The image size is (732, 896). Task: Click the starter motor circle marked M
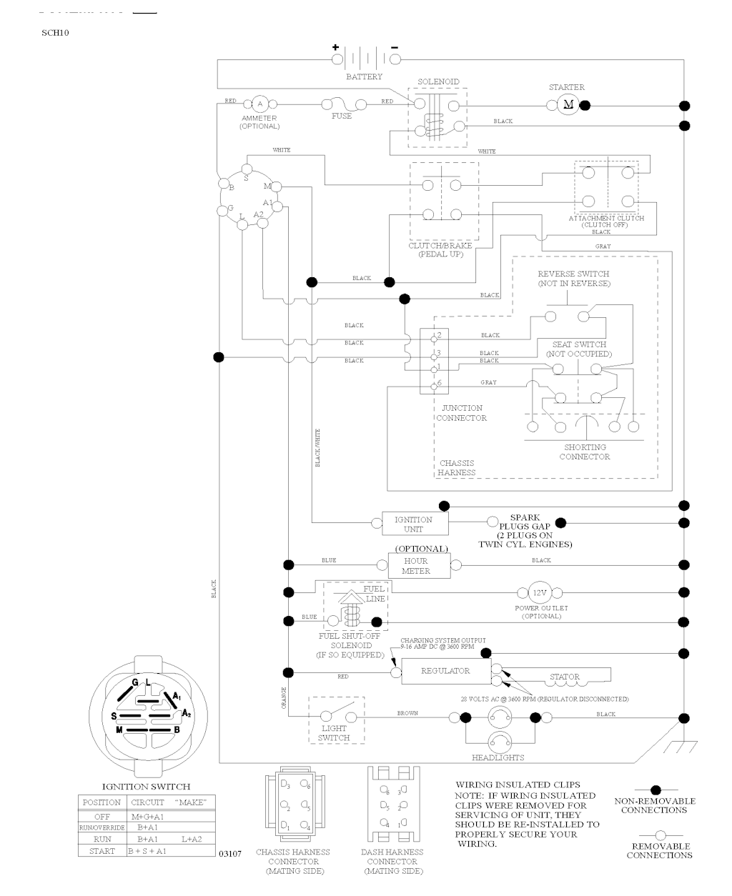569,105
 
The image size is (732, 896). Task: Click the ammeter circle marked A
259,104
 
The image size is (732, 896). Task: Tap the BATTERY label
364,76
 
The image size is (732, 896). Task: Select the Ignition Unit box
413,524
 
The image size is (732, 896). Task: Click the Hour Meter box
419,566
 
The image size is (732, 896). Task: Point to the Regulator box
445,671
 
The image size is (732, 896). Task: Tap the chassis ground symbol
679,746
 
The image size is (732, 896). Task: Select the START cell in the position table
102,851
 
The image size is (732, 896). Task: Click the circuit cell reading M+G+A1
147,816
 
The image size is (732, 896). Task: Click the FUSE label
342,116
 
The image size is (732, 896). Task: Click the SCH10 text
55,32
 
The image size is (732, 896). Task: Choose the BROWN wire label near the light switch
407,713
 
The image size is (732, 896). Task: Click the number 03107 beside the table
230,853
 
